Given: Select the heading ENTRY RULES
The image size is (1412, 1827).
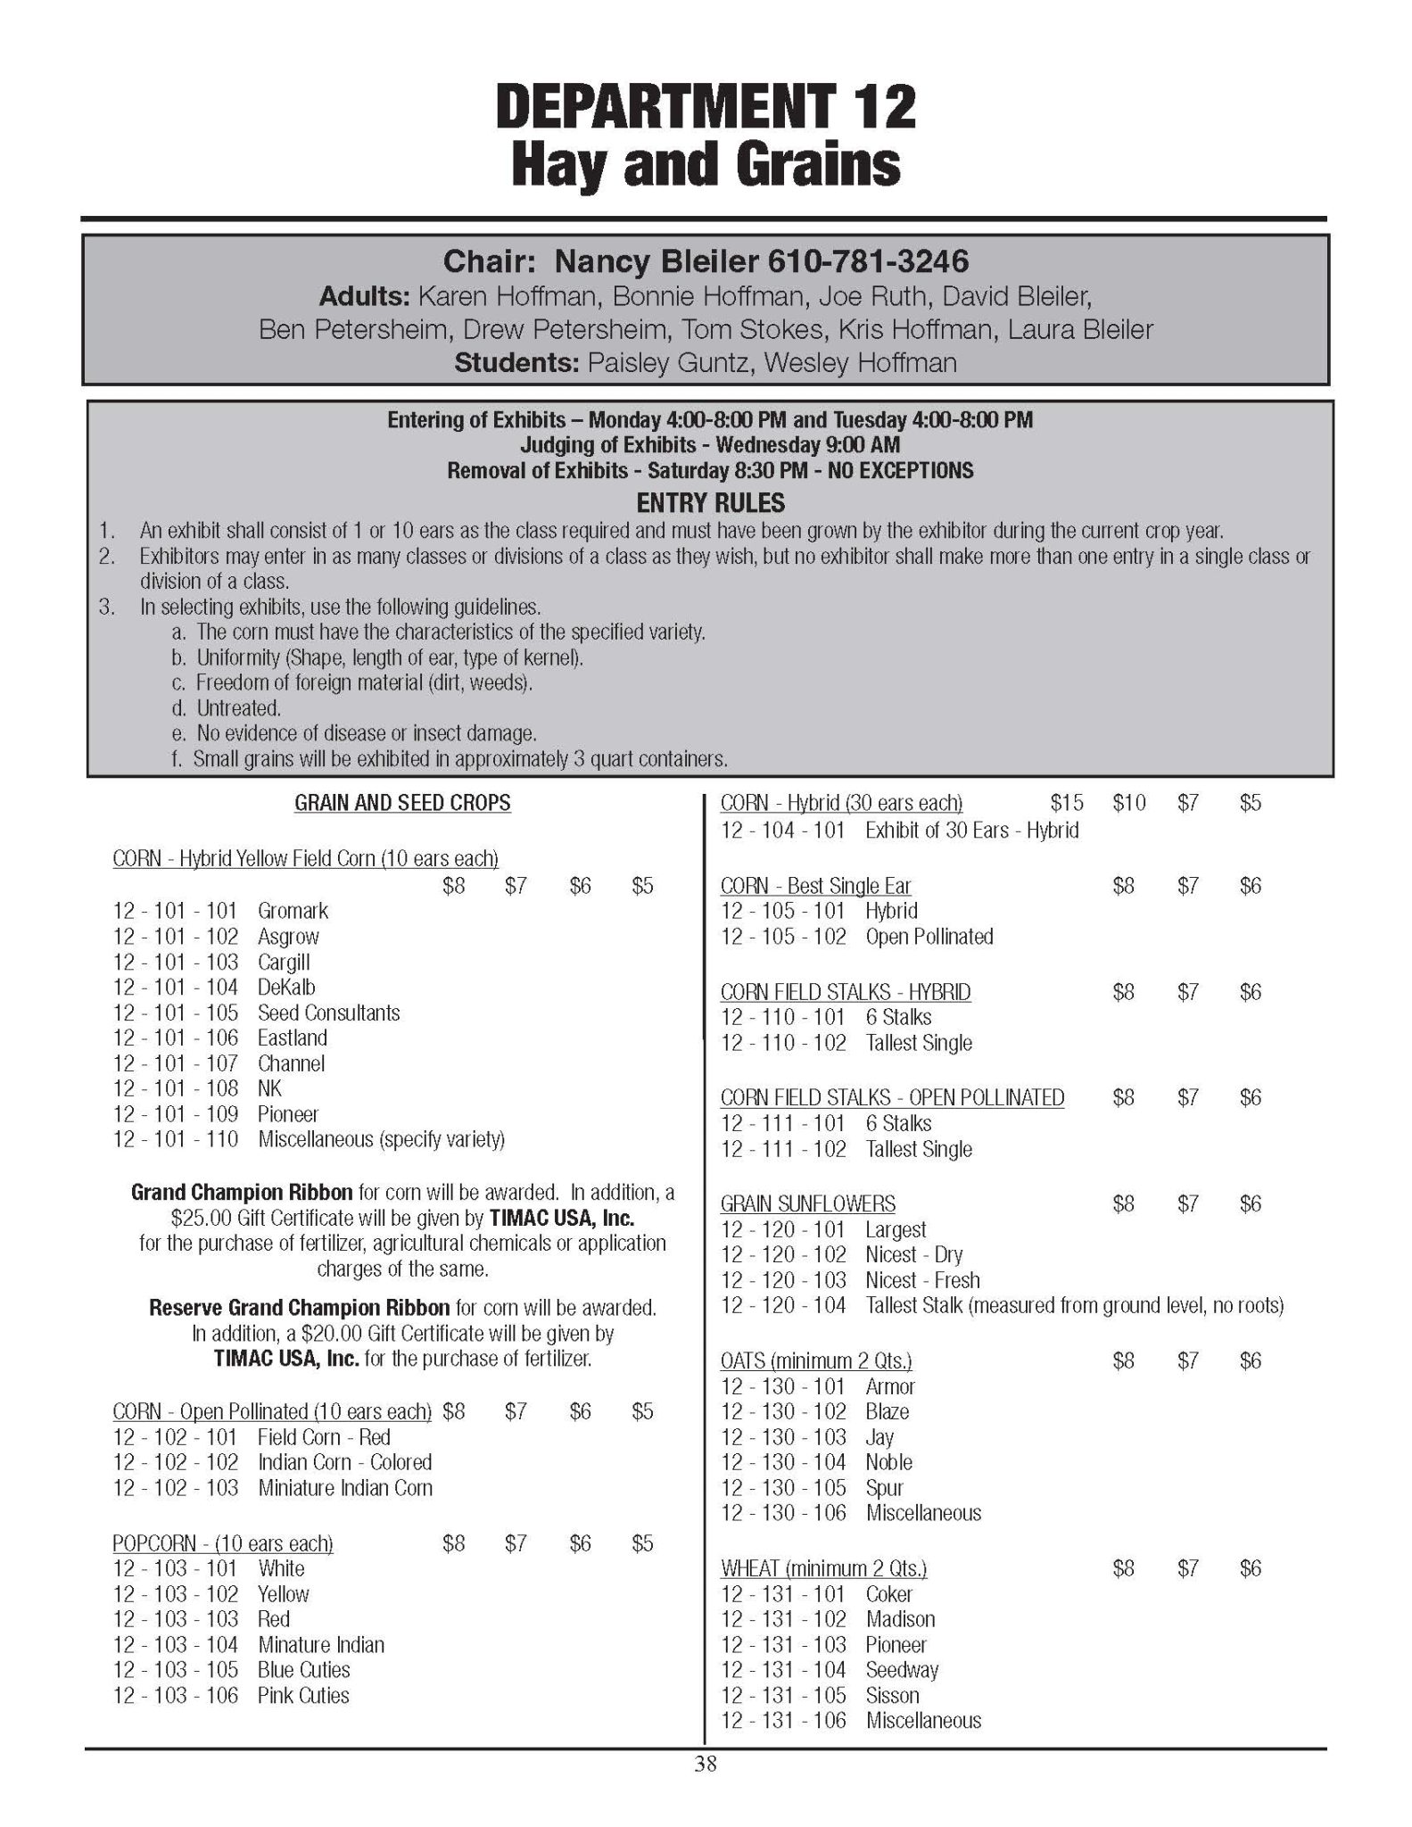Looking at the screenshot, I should (710, 503).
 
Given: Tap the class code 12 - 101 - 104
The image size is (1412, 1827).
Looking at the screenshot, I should (176, 987).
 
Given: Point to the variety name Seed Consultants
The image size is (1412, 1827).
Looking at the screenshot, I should (328, 1013).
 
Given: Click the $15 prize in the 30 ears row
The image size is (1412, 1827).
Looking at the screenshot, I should (1067, 803).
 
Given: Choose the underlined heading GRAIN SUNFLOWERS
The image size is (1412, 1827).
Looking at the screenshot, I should (807, 1203).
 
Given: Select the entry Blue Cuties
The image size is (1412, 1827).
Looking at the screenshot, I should (303, 1669).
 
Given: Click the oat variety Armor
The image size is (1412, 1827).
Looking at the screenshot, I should (889, 1386).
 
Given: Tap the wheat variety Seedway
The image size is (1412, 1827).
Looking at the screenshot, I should (902, 1669).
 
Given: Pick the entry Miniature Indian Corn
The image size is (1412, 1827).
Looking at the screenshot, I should (344, 1487).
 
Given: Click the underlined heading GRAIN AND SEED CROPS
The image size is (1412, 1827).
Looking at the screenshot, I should (402, 803).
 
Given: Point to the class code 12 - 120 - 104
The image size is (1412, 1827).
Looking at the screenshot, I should (783, 1305).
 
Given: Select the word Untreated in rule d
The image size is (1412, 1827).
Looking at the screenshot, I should (238, 708).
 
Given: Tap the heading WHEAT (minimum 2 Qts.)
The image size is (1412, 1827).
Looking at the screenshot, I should (823, 1567).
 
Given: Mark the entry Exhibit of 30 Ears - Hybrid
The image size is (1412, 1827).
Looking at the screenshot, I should (971, 830).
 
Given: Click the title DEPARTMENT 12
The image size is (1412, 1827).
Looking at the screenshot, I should (706, 106).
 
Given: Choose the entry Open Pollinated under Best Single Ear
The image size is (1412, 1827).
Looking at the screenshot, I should (929, 936).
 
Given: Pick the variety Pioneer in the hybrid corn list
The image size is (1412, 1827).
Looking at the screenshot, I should (287, 1113).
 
